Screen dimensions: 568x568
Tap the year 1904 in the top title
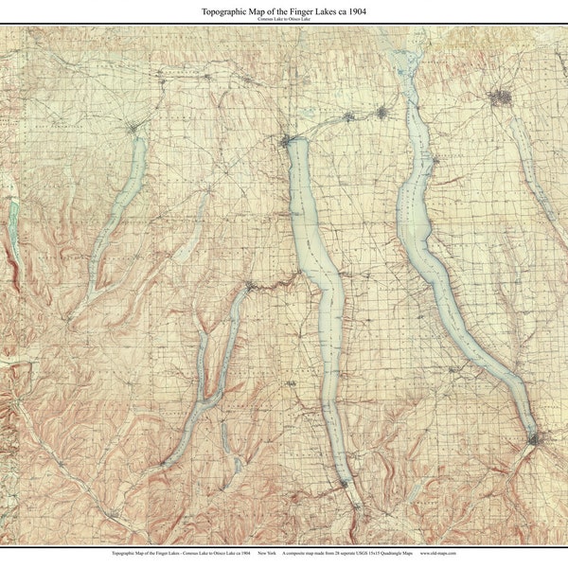click(x=354, y=10)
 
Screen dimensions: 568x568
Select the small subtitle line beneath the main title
click(x=283, y=19)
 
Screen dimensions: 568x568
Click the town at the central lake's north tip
click(x=287, y=140)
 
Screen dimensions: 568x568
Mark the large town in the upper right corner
click(x=501, y=96)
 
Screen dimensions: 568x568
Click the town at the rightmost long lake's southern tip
click(x=536, y=438)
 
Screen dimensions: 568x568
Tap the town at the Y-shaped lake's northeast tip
click(x=249, y=284)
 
